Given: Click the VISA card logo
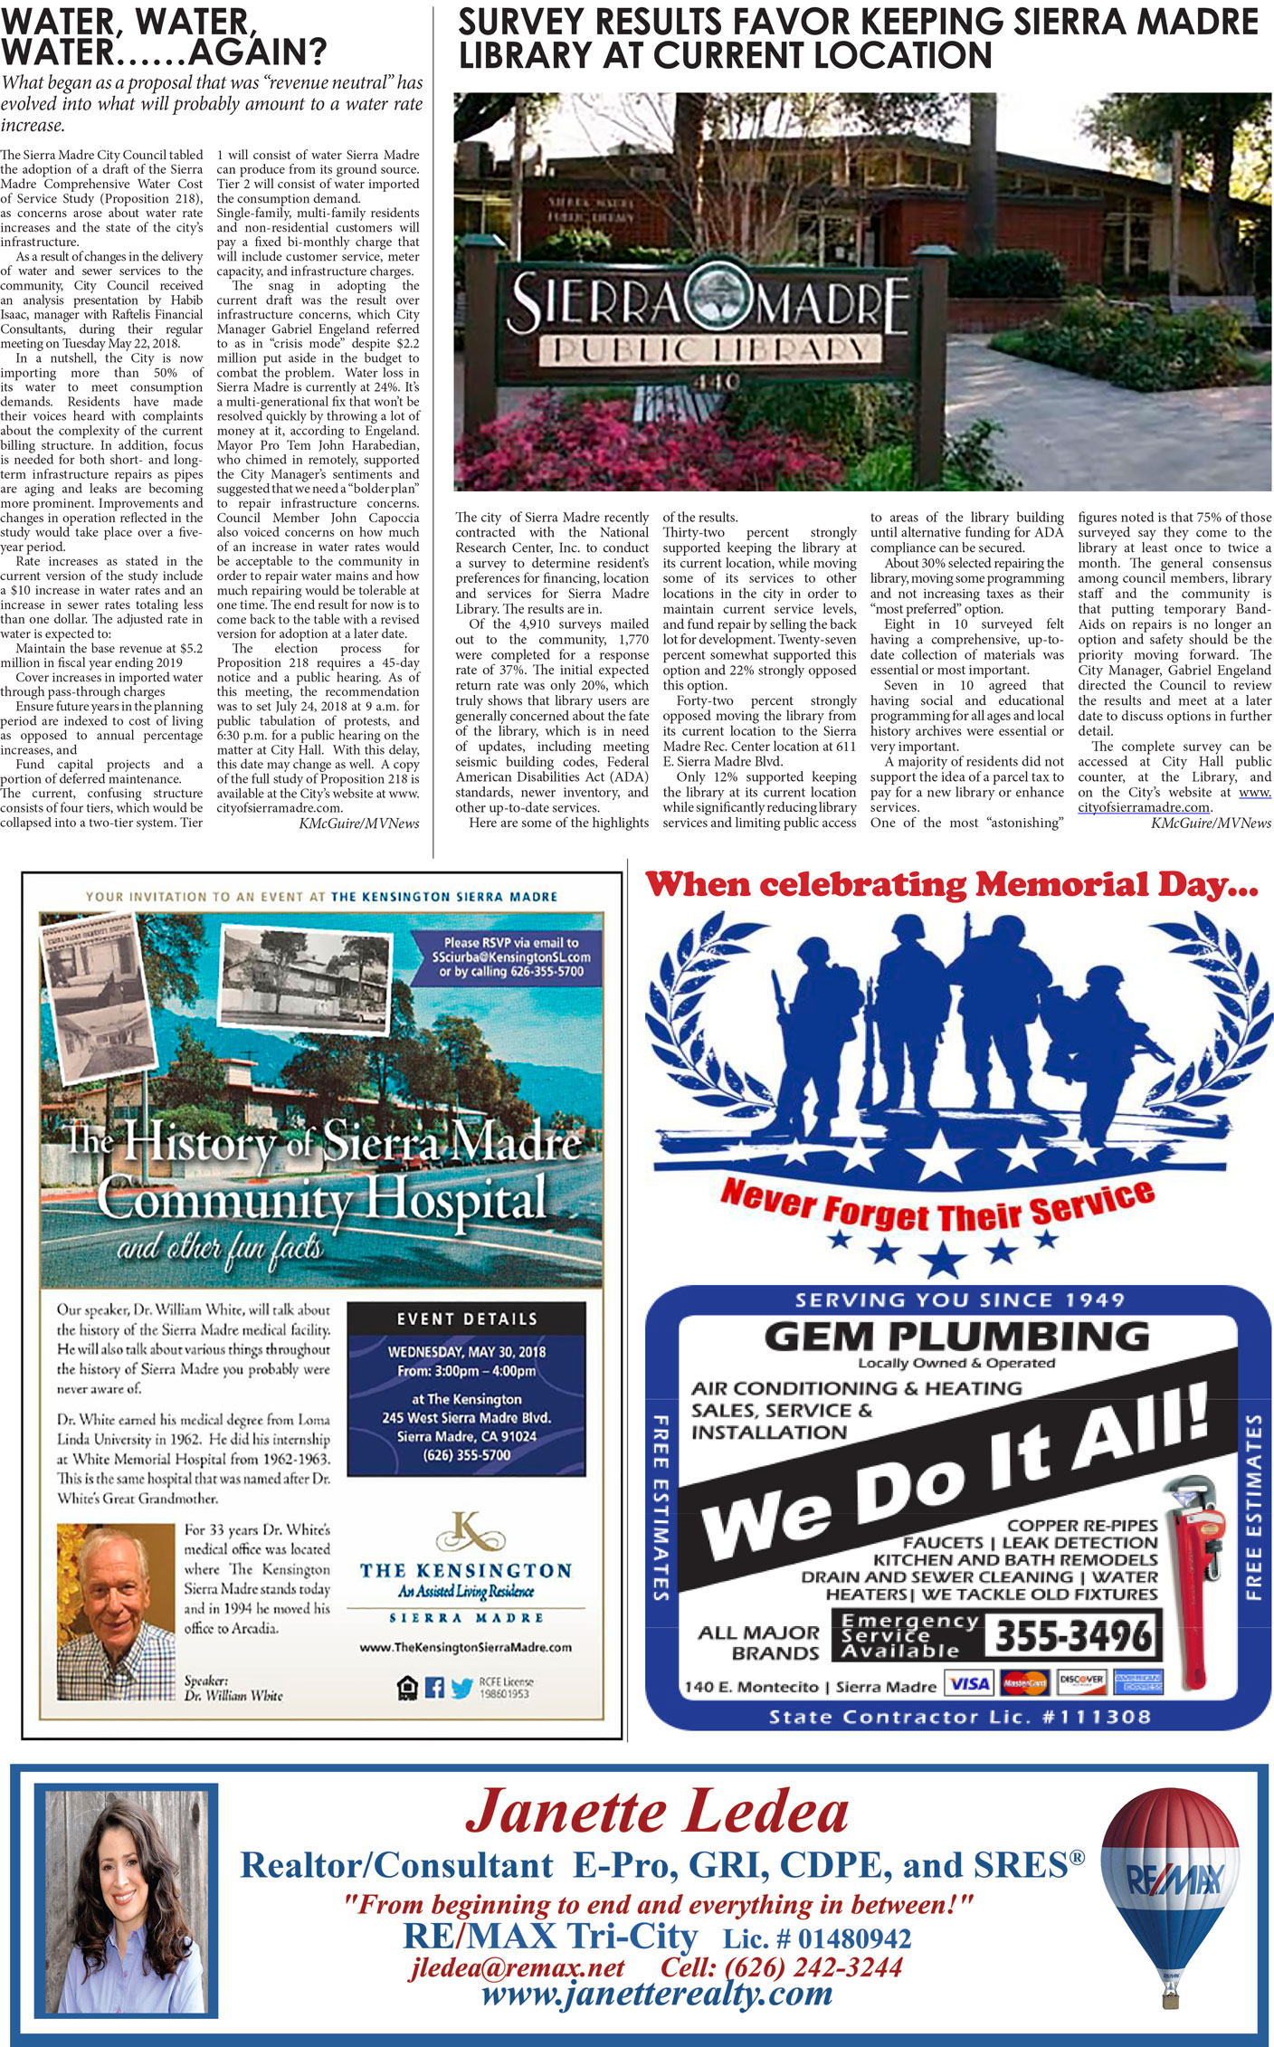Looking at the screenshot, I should tap(969, 1683).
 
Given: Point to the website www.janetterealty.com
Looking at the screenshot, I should tap(657, 1993).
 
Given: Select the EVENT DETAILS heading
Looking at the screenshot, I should tap(467, 1319).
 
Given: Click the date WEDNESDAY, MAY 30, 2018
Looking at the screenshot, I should tap(467, 1352).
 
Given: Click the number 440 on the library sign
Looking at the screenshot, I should tap(715, 382).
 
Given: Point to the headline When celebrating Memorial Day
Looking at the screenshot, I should tap(950, 885).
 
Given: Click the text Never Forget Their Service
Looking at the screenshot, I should tap(937, 1209).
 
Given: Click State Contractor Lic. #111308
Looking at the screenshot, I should tap(959, 1717).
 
